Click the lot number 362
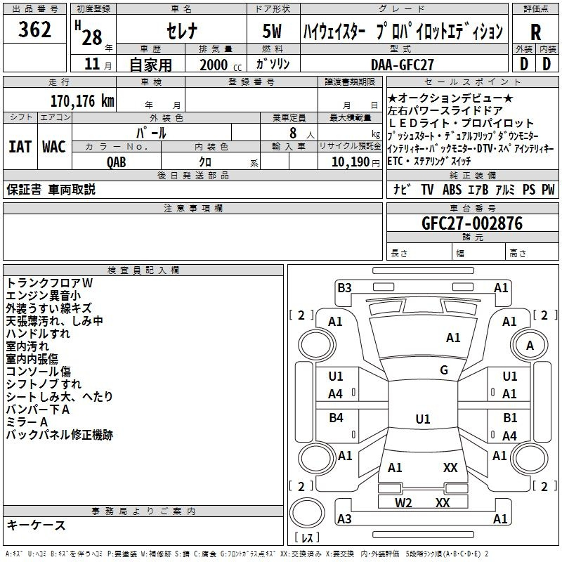tap(34, 30)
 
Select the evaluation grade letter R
tap(535, 32)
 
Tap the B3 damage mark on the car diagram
tap(344, 287)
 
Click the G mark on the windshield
tap(444, 370)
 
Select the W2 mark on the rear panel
tap(403, 502)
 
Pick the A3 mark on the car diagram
tap(344, 518)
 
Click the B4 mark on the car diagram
tap(336, 418)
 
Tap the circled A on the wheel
tap(530, 345)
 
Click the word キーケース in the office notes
tap(37, 525)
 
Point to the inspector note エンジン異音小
tap(44, 296)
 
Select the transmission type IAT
tap(19, 147)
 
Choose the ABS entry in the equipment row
tap(452, 189)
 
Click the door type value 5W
tap(273, 32)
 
